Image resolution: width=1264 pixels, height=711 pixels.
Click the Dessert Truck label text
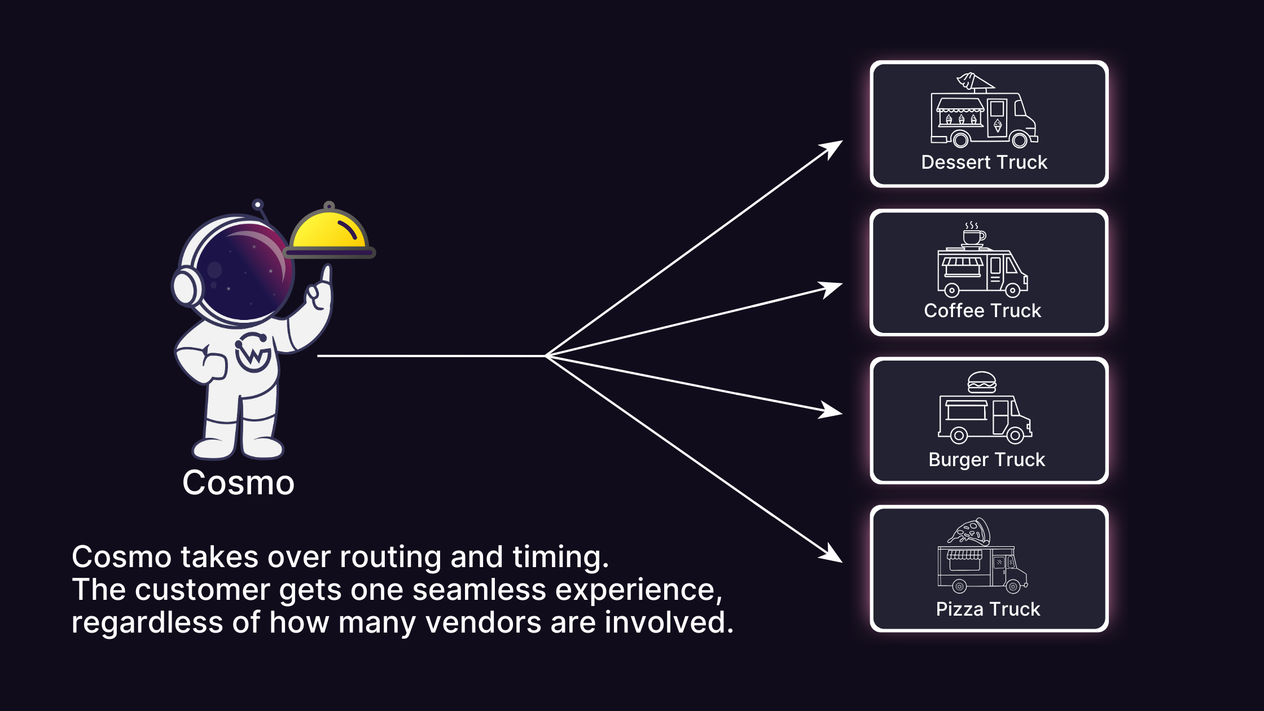[984, 163]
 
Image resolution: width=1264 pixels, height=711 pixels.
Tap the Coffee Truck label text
[982, 311]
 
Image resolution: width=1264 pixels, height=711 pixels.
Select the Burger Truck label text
[986, 459]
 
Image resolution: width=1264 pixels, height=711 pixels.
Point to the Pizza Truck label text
[987, 609]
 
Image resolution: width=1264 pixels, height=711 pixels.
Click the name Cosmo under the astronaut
[238, 483]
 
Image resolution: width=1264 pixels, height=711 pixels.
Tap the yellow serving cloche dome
[329, 231]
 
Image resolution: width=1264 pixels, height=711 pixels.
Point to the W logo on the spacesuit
[252, 353]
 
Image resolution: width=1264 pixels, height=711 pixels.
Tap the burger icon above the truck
[982, 382]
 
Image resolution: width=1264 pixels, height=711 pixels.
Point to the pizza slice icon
[970, 531]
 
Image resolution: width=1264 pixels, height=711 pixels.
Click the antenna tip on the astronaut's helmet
[258, 204]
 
